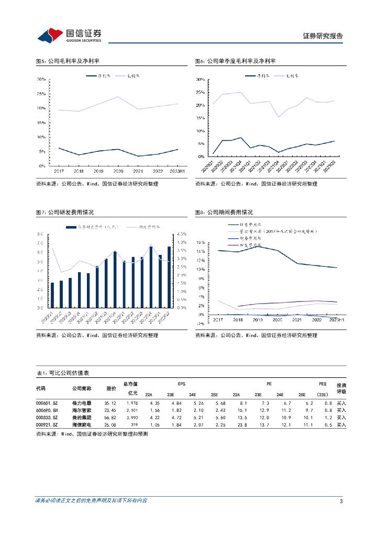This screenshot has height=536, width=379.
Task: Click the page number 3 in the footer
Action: (x=341, y=501)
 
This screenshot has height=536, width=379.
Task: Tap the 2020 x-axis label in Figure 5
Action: (x=118, y=171)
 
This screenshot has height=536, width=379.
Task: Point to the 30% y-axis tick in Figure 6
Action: (x=199, y=80)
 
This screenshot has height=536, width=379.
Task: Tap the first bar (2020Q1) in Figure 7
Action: (x=52, y=295)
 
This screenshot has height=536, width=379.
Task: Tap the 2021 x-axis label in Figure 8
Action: (x=297, y=319)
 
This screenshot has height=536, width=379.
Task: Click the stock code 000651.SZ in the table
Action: (x=47, y=403)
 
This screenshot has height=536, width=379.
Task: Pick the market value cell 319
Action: (x=133, y=426)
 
